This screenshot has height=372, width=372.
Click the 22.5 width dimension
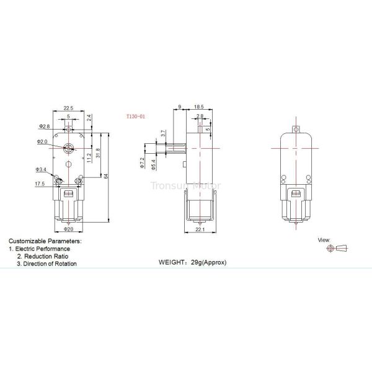point(68,107)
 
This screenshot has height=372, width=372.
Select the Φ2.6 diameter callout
point(44,126)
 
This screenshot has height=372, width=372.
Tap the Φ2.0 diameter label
point(43,142)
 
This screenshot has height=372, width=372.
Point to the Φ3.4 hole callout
point(42,169)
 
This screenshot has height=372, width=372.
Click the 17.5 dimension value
point(40,184)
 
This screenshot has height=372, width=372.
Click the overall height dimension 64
point(107,177)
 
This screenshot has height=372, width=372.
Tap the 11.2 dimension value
point(89,158)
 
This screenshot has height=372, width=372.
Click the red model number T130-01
point(135,115)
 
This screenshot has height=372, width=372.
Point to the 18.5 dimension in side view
point(198,107)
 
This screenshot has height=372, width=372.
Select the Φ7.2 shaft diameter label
point(142,163)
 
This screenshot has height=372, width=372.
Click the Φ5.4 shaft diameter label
point(152,162)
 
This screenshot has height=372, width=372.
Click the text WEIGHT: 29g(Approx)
point(193,262)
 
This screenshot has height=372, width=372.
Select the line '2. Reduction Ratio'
point(43,255)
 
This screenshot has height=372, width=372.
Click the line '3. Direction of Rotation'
point(47,263)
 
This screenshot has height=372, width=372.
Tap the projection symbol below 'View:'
point(337,249)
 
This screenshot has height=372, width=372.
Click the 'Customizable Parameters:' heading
point(44,240)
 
